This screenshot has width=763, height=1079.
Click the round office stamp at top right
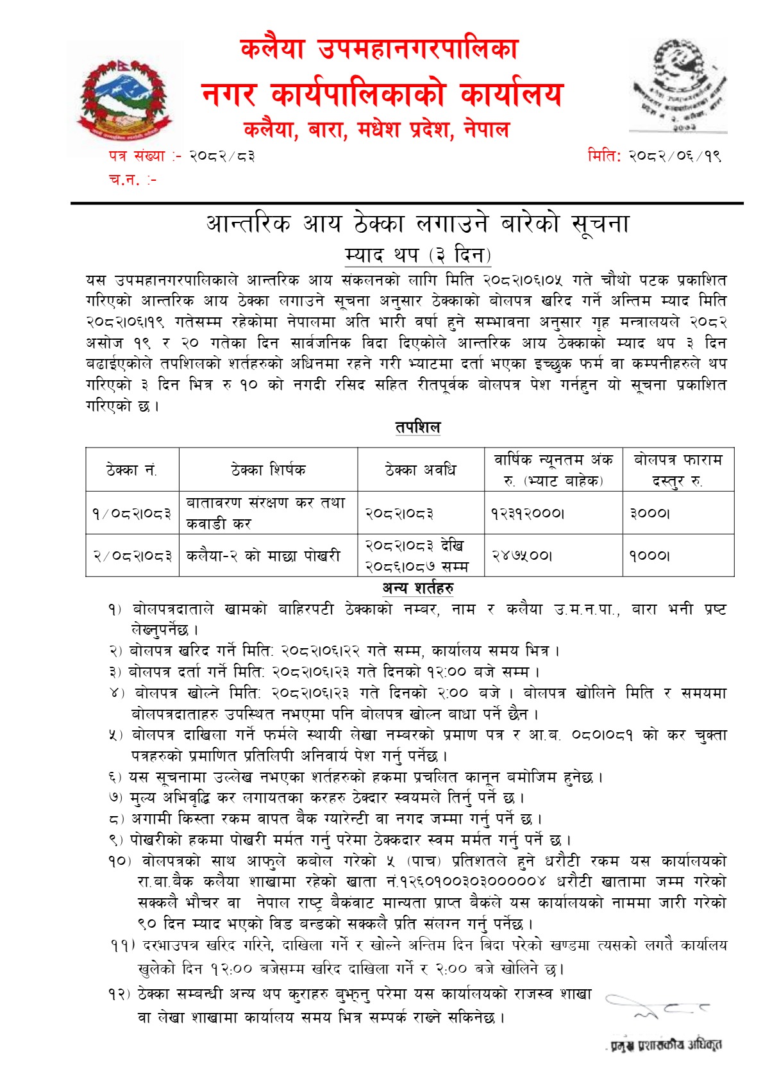[x=679, y=85]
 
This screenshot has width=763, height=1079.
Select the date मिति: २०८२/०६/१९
[x=654, y=156]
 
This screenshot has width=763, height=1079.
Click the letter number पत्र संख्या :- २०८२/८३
[x=181, y=156]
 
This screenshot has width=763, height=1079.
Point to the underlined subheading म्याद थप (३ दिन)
[x=417, y=255]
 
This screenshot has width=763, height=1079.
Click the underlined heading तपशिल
[x=417, y=427]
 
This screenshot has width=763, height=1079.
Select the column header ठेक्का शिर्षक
[x=268, y=470]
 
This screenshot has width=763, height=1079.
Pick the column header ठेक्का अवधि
[x=421, y=470]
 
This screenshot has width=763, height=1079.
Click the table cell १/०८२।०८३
[x=132, y=513]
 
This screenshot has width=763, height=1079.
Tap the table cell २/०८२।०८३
[x=132, y=556]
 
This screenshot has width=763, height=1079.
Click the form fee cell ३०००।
[x=650, y=513]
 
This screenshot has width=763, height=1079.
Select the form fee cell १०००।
[x=650, y=556]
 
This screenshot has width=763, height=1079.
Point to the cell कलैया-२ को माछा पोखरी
[x=263, y=556]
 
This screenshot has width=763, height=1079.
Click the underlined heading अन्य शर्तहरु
[x=418, y=588]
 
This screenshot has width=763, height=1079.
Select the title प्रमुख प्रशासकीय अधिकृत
[x=666, y=1046]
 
